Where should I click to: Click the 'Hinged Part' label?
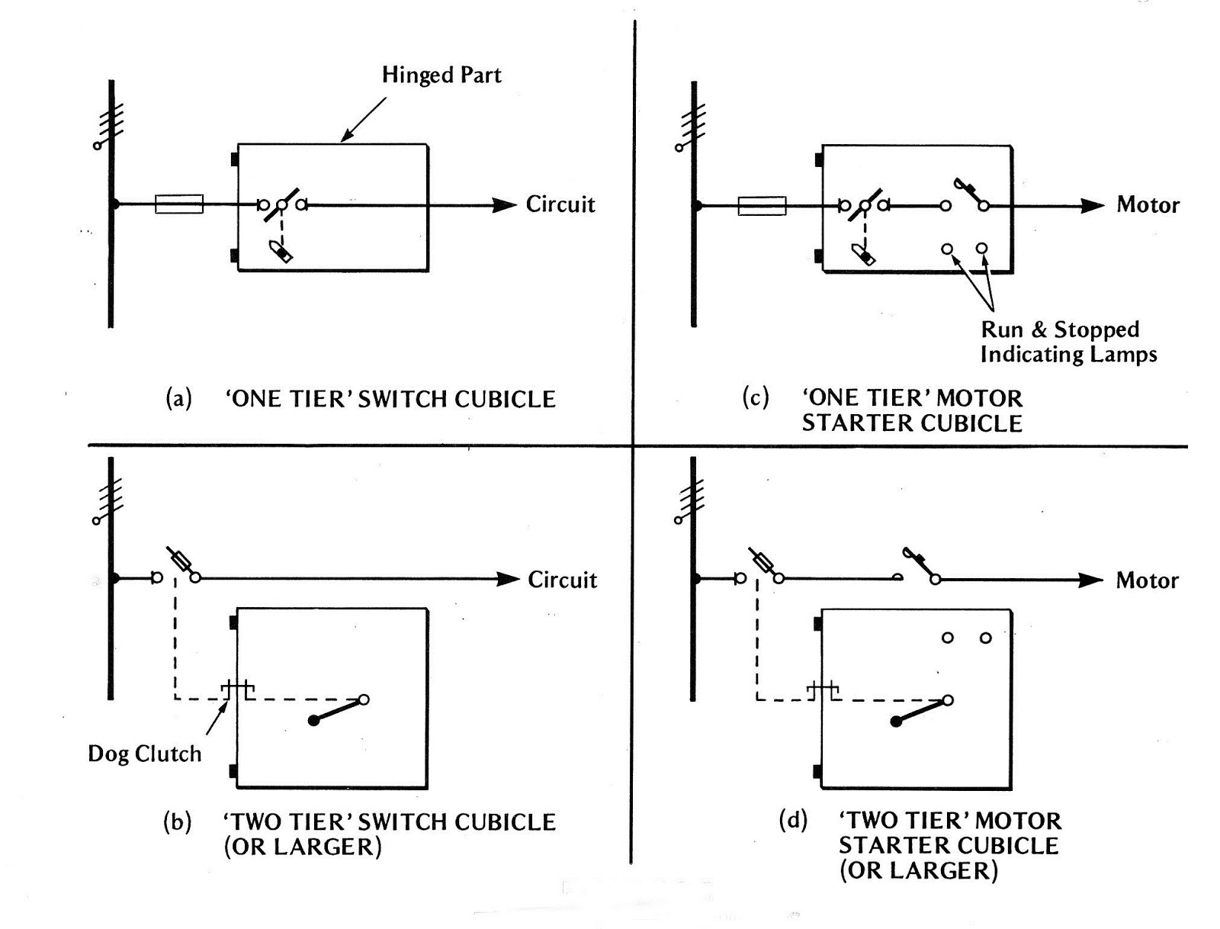[x=441, y=76]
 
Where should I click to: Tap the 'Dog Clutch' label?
[x=145, y=754]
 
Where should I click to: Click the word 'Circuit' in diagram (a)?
[x=560, y=204]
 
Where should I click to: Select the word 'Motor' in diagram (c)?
[x=1148, y=205]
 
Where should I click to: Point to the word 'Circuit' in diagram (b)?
[x=563, y=580]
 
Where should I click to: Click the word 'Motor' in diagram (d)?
[x=1147, y=580]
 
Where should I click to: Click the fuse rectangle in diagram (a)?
[x=179, y=204]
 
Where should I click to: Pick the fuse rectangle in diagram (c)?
[x=762, y=206]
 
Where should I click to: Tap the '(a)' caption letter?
[x=178, y=399]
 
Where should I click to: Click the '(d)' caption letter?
[x=793, y=821]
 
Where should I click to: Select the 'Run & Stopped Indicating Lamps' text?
[x=1067, y=342]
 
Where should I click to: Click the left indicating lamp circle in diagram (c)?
[x=947, y=249]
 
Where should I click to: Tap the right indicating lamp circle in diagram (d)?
[x=985, y=638]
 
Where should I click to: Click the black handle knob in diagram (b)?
[x=313, y=721]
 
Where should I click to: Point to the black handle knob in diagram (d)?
[x=897, y=722]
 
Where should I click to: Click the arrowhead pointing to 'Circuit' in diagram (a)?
[x=505, y=204]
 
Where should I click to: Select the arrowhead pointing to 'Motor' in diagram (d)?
[x=1091, y=580]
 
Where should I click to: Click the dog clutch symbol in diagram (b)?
[x=237, y=690]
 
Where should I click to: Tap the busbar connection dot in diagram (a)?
[x=114, y=204]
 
